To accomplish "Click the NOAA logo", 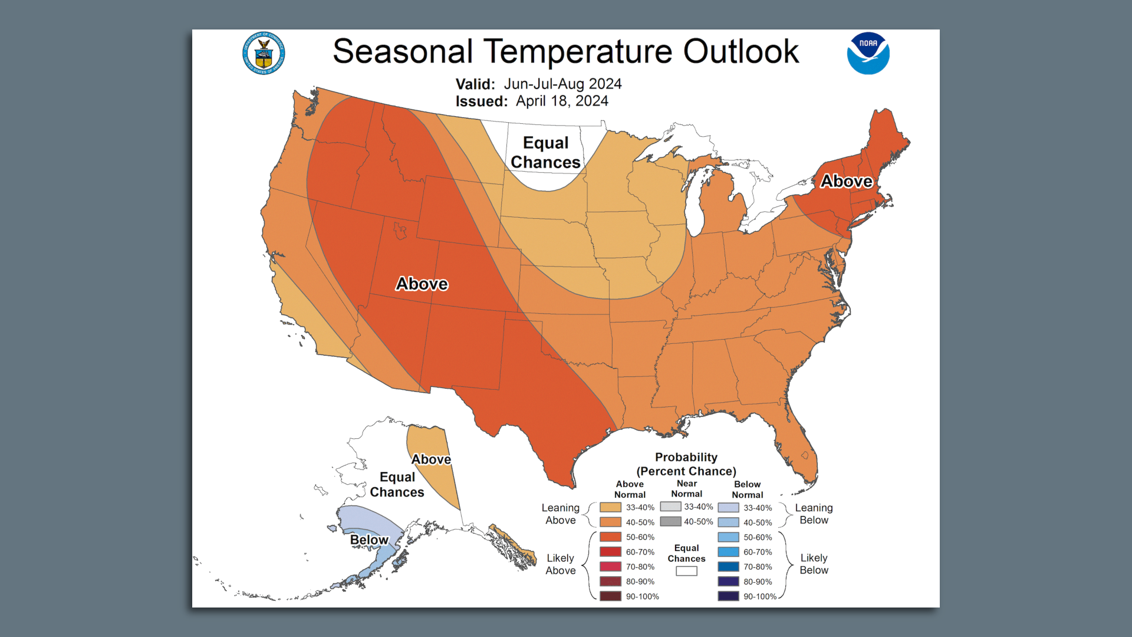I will pos(868,54).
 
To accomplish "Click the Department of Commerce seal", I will pos(264,54).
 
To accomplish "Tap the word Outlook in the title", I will pos(741,51).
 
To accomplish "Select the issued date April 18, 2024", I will pos(562,101).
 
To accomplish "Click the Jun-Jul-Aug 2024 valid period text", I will pos(562,84).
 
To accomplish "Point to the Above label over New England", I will pos(846,181).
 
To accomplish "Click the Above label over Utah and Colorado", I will pos(422,284).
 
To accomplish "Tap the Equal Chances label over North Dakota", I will pos(545,152).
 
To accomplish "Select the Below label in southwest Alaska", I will pos(369,540).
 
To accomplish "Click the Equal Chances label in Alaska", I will pos(397,484).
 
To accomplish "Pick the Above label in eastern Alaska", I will pos(431,459).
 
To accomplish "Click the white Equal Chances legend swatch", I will pos(686,571).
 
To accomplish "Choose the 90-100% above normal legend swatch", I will pos(610,596).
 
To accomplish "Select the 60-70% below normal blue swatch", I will pos(728,552).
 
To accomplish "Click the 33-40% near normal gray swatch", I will pos(670,507).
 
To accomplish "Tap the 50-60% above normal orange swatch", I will pos(610,537).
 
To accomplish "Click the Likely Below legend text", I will pos(814,564).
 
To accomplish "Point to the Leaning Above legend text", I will pos(560,514).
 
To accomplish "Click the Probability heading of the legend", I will pos(686,457).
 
